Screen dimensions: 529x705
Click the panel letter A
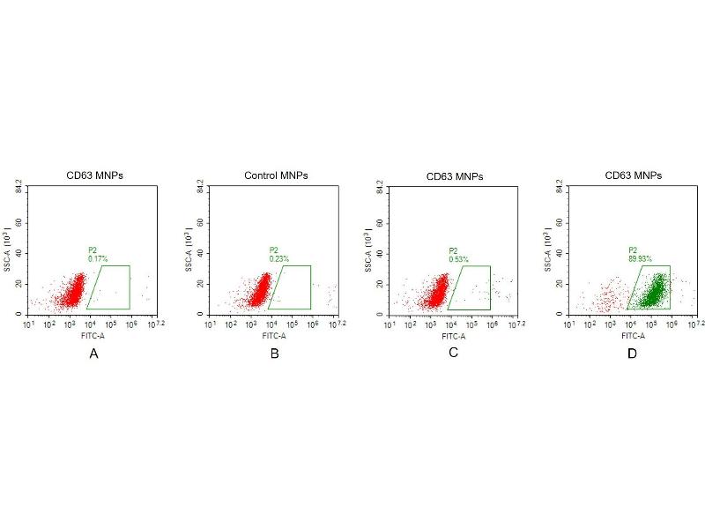pos(93,354)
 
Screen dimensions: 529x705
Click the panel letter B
pos(275,354)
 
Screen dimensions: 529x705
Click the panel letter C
pos(453,354)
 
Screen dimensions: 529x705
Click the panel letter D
pos(632,354)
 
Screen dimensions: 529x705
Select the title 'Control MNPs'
pos(276,175)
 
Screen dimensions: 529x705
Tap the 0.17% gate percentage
pos(98,258)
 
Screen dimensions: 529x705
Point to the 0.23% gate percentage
pos(279,258)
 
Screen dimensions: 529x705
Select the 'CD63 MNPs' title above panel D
pos(634,175)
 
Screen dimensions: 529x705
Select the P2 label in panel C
pos(453,250)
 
